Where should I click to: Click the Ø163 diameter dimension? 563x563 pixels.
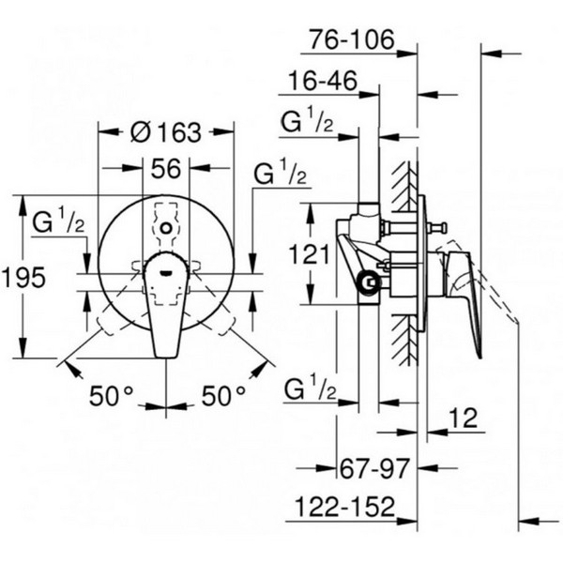[165, 132]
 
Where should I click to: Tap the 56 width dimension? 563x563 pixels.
[165, 169]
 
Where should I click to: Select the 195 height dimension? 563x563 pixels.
[23, 277]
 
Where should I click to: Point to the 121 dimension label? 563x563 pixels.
[309, 254]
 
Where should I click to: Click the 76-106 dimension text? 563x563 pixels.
[352, 39]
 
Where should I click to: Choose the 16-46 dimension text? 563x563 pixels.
[323, 81]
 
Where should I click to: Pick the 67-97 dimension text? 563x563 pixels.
[374, 468]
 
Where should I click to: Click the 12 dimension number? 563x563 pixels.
[464, 418]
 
